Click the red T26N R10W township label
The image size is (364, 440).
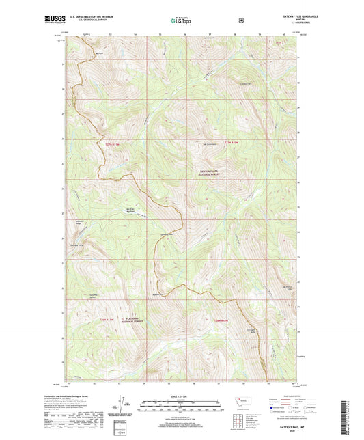click(220, 320)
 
